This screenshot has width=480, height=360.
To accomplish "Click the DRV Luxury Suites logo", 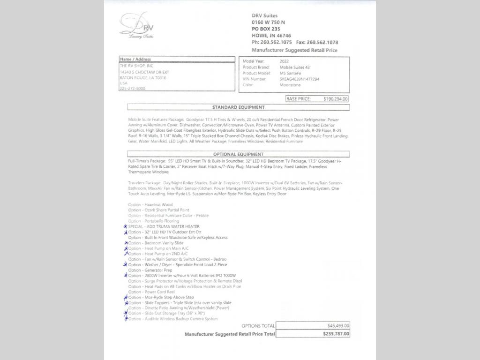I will (x=137, y=26).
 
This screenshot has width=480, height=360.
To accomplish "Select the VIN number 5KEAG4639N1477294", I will (x=300, y=79).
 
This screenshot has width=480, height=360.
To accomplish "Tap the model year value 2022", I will (x=284, y=61).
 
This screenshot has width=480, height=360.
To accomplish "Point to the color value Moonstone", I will (x=290, y=85).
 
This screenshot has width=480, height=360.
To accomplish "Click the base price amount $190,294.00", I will (x=336, y=99).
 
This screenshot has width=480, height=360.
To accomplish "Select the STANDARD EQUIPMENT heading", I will (x=238, y=107).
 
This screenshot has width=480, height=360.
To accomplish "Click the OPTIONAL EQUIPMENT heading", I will (x=238, y=154).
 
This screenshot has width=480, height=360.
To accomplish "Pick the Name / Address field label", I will (x=135, y=60).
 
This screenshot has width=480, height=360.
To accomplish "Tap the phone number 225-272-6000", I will (x=132, y=89).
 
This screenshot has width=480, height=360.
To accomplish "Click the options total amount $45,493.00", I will (x=338, y=326).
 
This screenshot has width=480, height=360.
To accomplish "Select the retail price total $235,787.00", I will (x=336, y=334).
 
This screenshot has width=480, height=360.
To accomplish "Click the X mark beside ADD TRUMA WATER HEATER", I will (x=125, y=226).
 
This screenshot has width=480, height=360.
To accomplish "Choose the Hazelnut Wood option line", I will (x=150, y=205).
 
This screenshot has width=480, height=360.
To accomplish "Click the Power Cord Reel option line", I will (x=152, y=292).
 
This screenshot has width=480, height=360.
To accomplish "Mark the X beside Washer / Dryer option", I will (x=125, y=265).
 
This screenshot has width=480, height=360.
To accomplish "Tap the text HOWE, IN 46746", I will (x=271, y=36).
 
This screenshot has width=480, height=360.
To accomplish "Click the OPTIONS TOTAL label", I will (x=258, y=326).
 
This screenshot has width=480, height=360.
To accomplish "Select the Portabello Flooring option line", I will (x=153, y=221).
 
